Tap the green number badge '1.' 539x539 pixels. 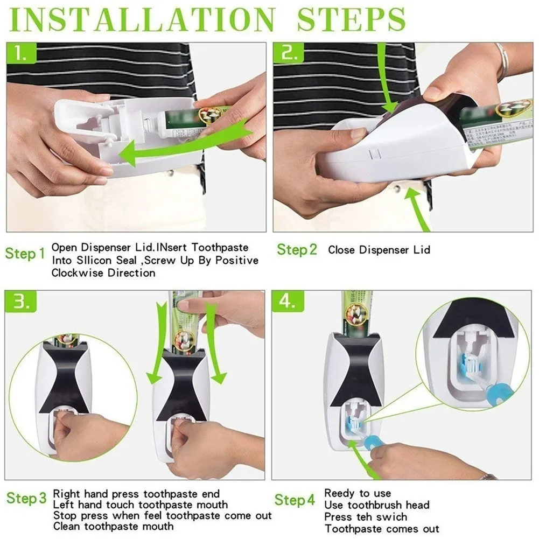pos(21,53)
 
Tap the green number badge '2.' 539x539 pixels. pos(289,53)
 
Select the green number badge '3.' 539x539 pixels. pos(21,302)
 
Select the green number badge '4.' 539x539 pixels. pos(289,302)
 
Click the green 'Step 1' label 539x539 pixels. pos(25,254)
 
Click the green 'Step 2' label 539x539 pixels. pos(297,250)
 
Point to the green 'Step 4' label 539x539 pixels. pos(295,500)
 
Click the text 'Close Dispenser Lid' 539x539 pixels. pos(379,250)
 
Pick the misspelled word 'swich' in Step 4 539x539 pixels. pos(389,516)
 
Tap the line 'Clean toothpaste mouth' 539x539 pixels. pos(113,526)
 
